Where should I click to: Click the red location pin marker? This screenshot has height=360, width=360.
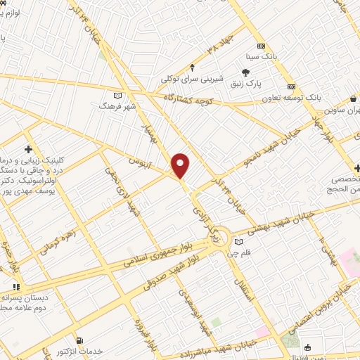tap(181, 165)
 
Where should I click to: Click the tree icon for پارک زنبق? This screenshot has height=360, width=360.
tap(245, 72)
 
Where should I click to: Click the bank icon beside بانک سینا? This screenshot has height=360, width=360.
tap(259, 40)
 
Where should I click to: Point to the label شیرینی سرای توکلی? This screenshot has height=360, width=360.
tap(192, 79)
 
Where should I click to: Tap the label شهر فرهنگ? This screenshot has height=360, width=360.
tap(118, 105)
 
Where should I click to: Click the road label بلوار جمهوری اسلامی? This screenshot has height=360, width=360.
tap(161, 252)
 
